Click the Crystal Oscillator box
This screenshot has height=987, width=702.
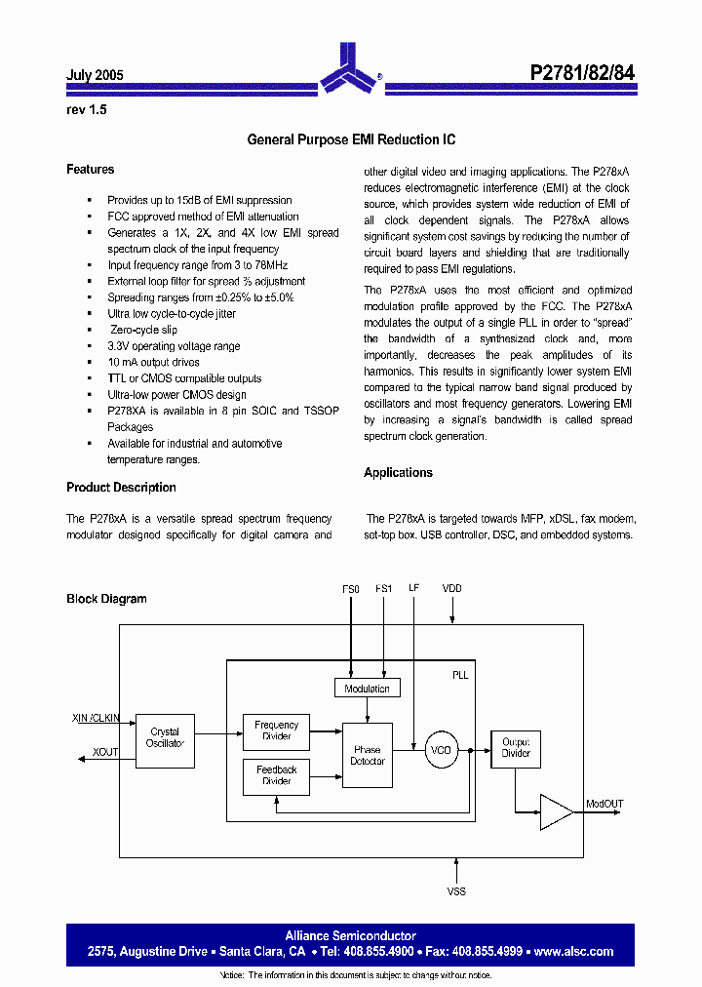[x=165, y=738]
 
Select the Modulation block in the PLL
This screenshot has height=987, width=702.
[x=367, y=689]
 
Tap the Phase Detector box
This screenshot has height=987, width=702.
[x=368, y=756]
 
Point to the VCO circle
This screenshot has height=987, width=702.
[x=441, y=750]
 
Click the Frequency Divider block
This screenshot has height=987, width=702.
[x=276, y=730]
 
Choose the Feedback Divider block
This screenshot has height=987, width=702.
[x=276, y=775]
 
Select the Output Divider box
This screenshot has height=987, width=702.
[x=515, y=748]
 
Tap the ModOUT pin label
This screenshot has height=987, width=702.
[x=604, y=804]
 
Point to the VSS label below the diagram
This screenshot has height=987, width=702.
[x=456, y=891]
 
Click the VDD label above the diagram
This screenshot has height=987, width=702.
[x=452, y=589]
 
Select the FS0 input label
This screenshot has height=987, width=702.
[x=351, y=589]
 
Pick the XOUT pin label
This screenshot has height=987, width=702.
[x=106, y=753]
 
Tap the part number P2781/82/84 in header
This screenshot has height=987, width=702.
[x=582, y=73]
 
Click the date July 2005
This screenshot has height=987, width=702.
[x=95, y=75]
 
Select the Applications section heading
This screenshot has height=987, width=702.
[x=398, y=473]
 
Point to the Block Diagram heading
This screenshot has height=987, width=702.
[x=106, y=599]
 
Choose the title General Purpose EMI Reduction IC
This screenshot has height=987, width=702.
[x=351, y=140]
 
